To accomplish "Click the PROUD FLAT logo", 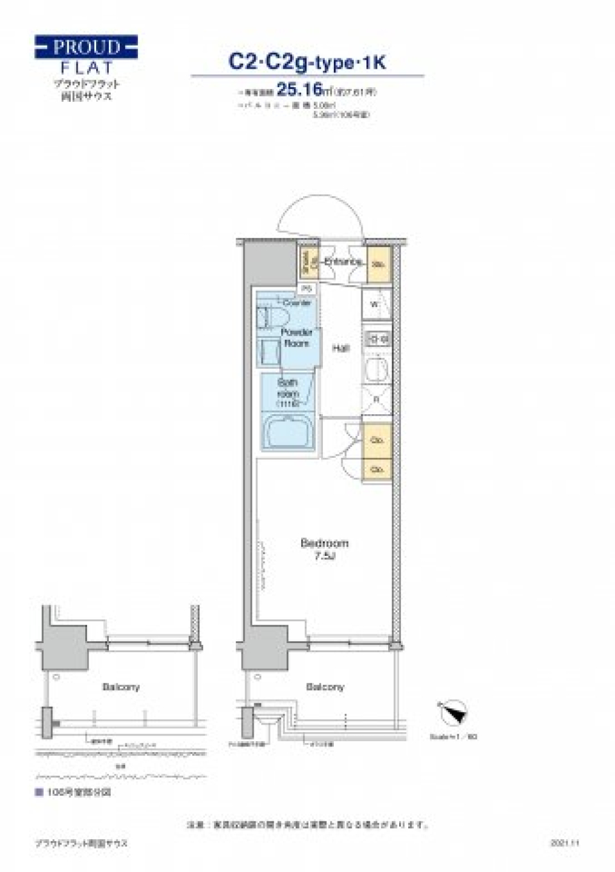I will tap(86, 56).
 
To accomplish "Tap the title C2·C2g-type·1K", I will tap(307, 62).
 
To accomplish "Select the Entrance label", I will tap(343, 262).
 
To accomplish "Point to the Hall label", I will tap(341, 348).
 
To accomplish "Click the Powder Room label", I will tap(297, 337).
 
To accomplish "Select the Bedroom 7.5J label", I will tap(325, 549).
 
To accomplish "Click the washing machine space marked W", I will tap(377, 305).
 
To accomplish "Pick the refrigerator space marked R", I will tap(377, 399).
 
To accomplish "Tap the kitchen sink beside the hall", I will tap(377, 369).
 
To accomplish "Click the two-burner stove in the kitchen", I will tap(377, 338).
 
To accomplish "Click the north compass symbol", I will tap(453, 711).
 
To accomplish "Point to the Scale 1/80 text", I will tap(453, 737).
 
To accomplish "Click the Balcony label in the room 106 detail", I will tap(120, 687).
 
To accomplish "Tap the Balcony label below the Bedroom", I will tap(325, 687).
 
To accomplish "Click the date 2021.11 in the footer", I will tap(564, 843).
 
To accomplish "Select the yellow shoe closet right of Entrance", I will tap(379, 264).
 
